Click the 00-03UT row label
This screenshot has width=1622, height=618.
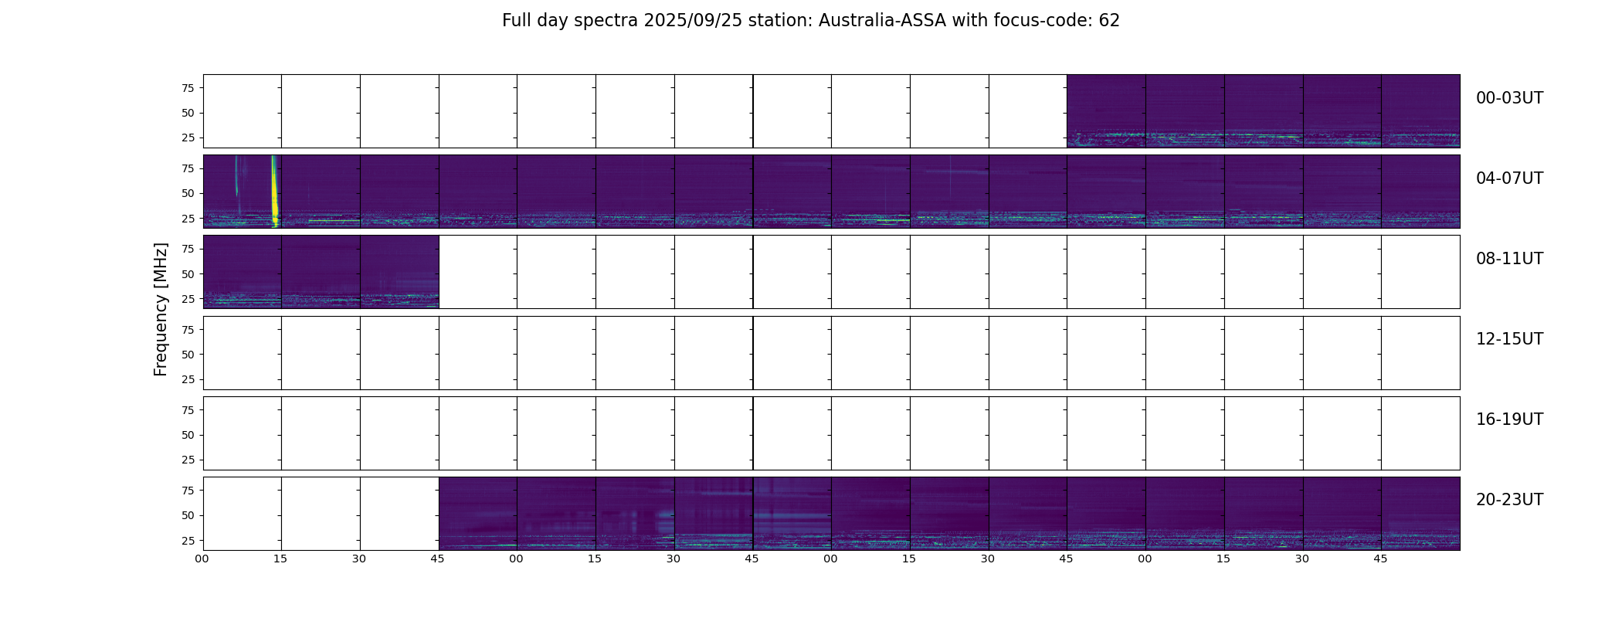click(1509, 98)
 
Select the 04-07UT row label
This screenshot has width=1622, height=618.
click(1509, 178)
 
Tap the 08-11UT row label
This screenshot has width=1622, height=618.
click(1509, 259)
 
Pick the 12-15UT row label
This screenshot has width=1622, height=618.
click(1509, 339)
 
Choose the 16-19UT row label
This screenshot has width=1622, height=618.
click(1509, 419)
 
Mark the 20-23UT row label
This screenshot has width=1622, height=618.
click(1509, 500)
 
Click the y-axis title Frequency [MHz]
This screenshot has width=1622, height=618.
click(161, 309)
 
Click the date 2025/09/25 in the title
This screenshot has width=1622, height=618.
click(693, 21)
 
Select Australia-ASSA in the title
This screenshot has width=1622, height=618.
click(882, 21)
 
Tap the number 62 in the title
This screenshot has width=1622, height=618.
click(1109, 21)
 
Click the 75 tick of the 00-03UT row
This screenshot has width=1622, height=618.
click(188, 88)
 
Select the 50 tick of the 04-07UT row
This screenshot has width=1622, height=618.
click(188, 194)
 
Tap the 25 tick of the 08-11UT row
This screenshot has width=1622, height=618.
click(188, 299)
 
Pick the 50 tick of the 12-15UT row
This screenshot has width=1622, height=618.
click(188, 355)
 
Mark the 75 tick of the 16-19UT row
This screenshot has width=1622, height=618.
click(188, 410)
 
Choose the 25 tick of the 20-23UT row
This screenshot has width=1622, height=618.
click(188, 541)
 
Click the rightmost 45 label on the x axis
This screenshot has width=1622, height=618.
click(1380, 559)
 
